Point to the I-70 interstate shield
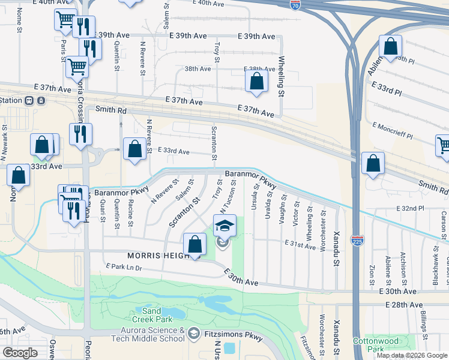point(295,5)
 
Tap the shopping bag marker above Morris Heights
point(195,244)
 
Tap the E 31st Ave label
point(300,246)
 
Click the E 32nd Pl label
point(410,208)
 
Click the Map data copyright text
point(412,355)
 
